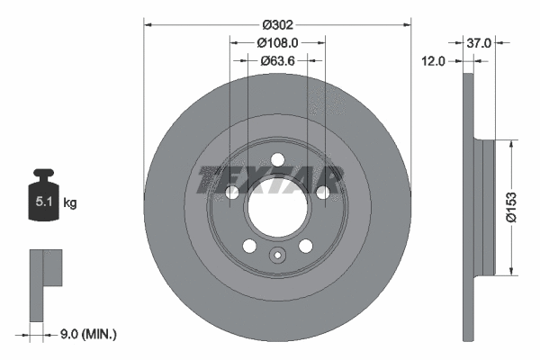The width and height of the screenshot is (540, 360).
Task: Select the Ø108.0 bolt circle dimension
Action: pyautogui.click(x=277, y=41)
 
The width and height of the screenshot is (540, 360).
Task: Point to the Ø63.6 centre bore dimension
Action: pyautogui.click(x=277, y=61)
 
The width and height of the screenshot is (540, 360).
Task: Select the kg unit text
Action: pyautogui.click(x=70, y=203)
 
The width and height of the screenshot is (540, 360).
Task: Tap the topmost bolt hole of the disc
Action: pyautogui.click(x=277, y=160)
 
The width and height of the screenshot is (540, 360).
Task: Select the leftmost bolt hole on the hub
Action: pyautogui.click(x=232, y=193)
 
